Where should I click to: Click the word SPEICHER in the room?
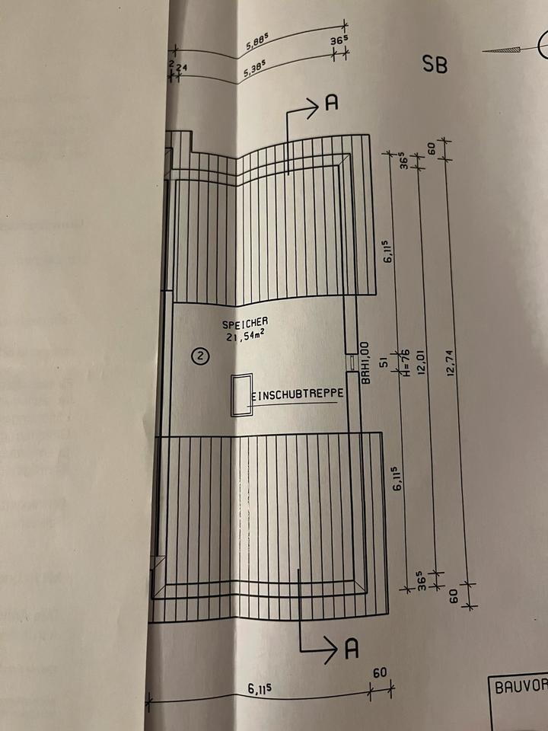(245, 323)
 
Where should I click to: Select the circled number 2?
(200, 356)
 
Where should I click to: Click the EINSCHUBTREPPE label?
(298, 394)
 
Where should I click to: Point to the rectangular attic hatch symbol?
(243, 394)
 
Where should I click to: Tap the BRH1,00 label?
(365, 363)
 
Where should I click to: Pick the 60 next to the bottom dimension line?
(381, 673)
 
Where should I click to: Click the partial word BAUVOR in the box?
(521, 686)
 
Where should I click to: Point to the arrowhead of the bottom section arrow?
(330, 650)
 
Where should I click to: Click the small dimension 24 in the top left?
(182, 68)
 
